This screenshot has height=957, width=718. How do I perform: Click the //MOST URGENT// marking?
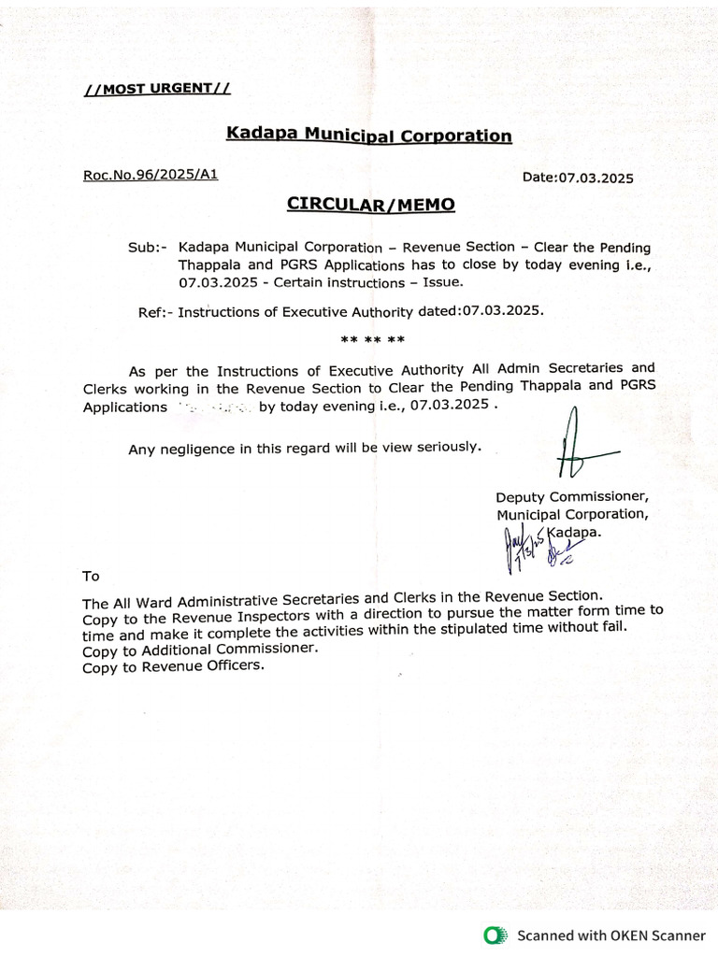tap(156, 90)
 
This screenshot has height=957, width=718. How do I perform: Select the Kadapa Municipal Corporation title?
tap(368, 135)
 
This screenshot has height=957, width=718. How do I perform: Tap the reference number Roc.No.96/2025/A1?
tap(150, 174)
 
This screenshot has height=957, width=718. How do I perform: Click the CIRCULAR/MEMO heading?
tap(370, 204)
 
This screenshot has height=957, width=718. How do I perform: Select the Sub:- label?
tap(147, 249)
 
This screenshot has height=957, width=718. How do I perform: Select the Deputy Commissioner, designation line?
tap(571, 497)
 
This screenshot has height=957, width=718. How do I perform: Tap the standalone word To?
tap(91, 577)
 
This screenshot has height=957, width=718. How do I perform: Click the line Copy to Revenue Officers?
tap(173, 667)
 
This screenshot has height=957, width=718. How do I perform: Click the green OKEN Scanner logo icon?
tap(494, 935)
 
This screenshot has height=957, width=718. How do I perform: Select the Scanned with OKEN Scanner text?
tap(611, 935)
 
